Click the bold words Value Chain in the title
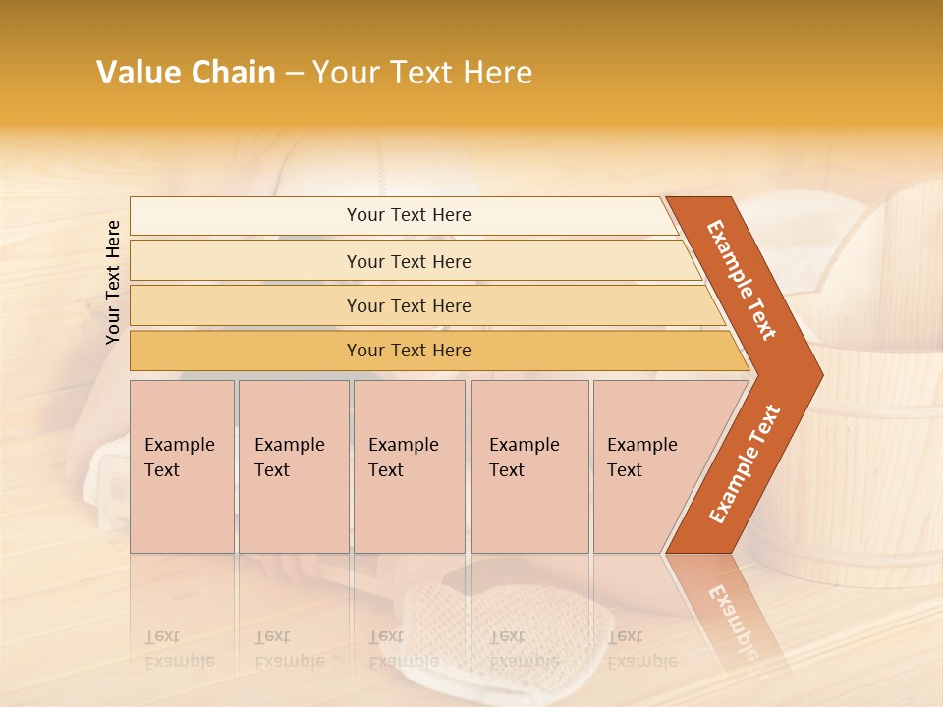(186, 73)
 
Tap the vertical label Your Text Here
(113, 282)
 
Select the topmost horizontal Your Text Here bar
(409, 215)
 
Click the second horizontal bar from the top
(409, 261)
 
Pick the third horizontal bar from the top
(409, 305)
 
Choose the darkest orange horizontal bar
(409, 351)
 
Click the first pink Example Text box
(182, 465)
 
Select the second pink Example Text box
(293, 465)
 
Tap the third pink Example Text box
(409, 465)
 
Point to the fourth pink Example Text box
(528, 465)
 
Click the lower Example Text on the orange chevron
(744, 464)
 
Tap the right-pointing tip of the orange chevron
(815, 374)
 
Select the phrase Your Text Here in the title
(422, 73)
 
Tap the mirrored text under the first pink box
(179, 649)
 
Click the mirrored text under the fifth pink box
(641, 649)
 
